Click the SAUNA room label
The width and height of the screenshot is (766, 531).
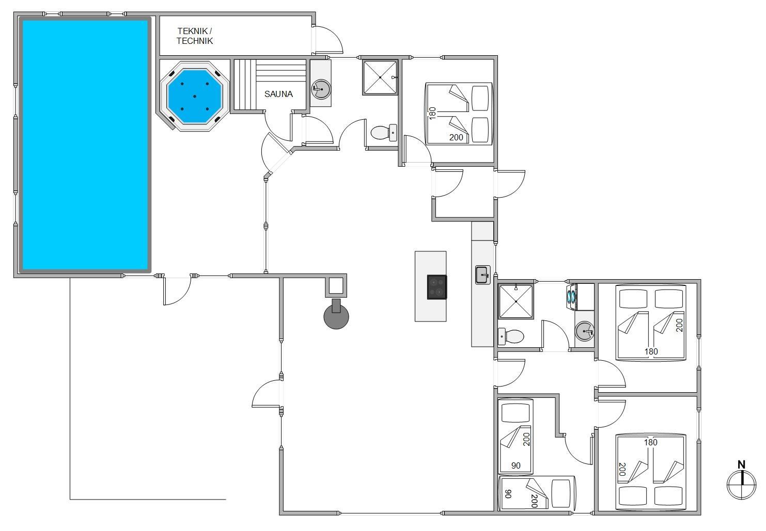click(x=278, y=94)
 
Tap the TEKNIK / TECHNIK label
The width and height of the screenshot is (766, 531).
click(x=195, y=36)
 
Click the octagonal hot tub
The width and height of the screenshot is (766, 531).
click(x=195, y=96)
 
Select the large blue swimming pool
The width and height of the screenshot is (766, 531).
click(x=85, y=145)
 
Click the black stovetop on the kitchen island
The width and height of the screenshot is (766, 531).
click(x=436, y=287)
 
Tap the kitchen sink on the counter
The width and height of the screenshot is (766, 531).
click(x=482, y=275)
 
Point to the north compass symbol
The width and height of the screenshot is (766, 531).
click(x=741, y=485)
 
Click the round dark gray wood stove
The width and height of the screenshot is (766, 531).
click(x=336, y=315)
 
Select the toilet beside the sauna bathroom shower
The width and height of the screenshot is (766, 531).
click(x=384, y=133)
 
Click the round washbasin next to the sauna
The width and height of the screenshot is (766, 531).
click(x=321, y=89)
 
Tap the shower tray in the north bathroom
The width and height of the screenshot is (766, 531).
click(x=380, y=77)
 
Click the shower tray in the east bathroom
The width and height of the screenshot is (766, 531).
click(x=515, y=302)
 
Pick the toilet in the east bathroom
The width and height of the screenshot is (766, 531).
click(x=510, y=336)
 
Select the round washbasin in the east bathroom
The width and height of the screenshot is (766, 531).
click(x=584, y=331)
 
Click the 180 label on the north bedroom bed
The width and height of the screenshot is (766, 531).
click(x=432, y=113)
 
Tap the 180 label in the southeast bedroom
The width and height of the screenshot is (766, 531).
click(x=650, y=442)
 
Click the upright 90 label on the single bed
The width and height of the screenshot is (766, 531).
click(x=515, y=465)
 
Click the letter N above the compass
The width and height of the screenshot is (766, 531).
click(x=741, y=465)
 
